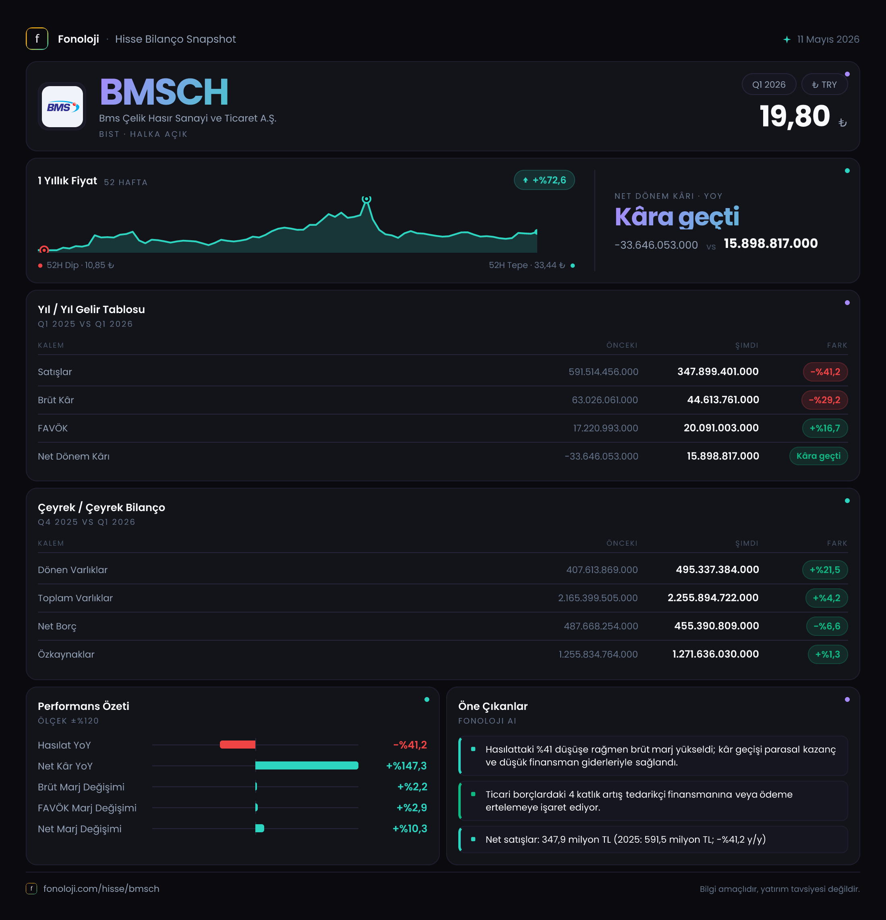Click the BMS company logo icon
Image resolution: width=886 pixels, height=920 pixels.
pyautogui.click(x=62, y=107)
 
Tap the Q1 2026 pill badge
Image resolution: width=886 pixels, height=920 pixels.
pyautogui.click(x=768, y=85)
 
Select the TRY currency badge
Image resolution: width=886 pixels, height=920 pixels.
pyautogui.click(x=824, y=85)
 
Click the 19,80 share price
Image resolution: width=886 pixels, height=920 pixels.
pyautogui.click(x=795, y=116)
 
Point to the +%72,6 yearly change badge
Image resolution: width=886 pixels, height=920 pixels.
pyautogui.click(x=544, y=180)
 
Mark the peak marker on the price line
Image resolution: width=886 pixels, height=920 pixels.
pyautogui.click(x=366, y=199)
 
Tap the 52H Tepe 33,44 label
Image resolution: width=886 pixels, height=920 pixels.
pyautogui.click(x=527, y=265)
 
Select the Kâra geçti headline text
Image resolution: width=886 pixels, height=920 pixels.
pyautogui.click(x=677, y=217)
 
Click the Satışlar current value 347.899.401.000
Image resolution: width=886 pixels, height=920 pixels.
pyautogui.click(x=718, y=372)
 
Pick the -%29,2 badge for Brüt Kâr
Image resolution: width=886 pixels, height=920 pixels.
pyautogui.click(x=824, y=400)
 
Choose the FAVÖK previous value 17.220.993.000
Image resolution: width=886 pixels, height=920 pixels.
pyautogui.click(x=606, y=428)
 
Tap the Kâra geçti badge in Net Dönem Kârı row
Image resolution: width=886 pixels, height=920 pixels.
pyautogui.click(x=818, y=456)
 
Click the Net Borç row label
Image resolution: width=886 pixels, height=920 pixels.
pyautogui.click(x=57, y=626)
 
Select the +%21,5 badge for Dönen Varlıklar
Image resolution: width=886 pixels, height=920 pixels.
pyautogui.click(x=825, y=570)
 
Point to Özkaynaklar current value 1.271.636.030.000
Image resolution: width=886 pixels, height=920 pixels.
pyautogui.click(x=716, y=654)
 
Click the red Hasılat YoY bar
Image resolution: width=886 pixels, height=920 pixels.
pyautogui.click(x=238, y=745)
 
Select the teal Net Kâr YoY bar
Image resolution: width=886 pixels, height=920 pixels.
pyautogui.click(x=307, y=765)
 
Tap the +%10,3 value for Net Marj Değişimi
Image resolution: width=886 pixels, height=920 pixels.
pyautogui.click(x=410, y=829)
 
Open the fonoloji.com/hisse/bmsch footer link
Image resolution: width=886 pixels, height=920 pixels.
pyautogui.click(x=101, y=889)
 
